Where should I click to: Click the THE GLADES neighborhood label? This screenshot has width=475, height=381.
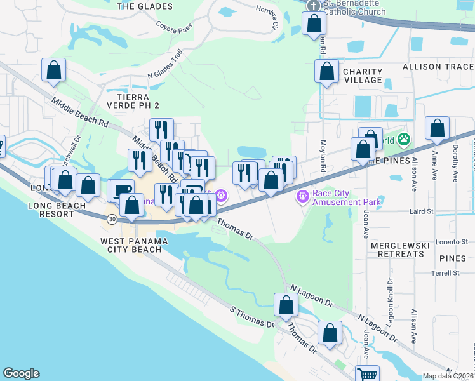(145, 6)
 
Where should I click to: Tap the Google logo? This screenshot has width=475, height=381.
(21, 373)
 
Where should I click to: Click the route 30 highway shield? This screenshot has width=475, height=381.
(112, 219)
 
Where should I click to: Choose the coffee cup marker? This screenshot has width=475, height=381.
(123, 189)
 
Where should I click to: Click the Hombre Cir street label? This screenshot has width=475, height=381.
(267, 18)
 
